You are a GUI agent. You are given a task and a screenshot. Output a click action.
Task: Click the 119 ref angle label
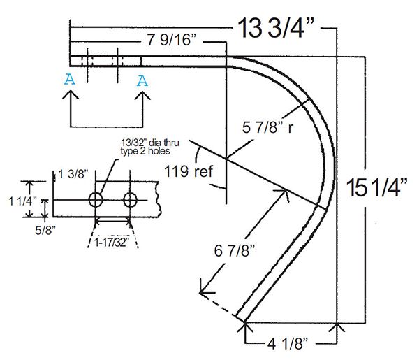[x=189, y=169]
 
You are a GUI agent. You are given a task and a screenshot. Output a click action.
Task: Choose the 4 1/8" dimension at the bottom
[x=291, y=344]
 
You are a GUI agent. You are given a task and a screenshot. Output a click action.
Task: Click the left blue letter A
[x=68, y=80]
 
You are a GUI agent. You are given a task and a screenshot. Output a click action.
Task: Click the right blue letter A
[x=142, y=80]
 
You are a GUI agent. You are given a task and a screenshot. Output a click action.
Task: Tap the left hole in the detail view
[x=96, y=200]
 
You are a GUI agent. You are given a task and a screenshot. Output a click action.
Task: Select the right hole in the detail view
[x=130, y=200]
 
